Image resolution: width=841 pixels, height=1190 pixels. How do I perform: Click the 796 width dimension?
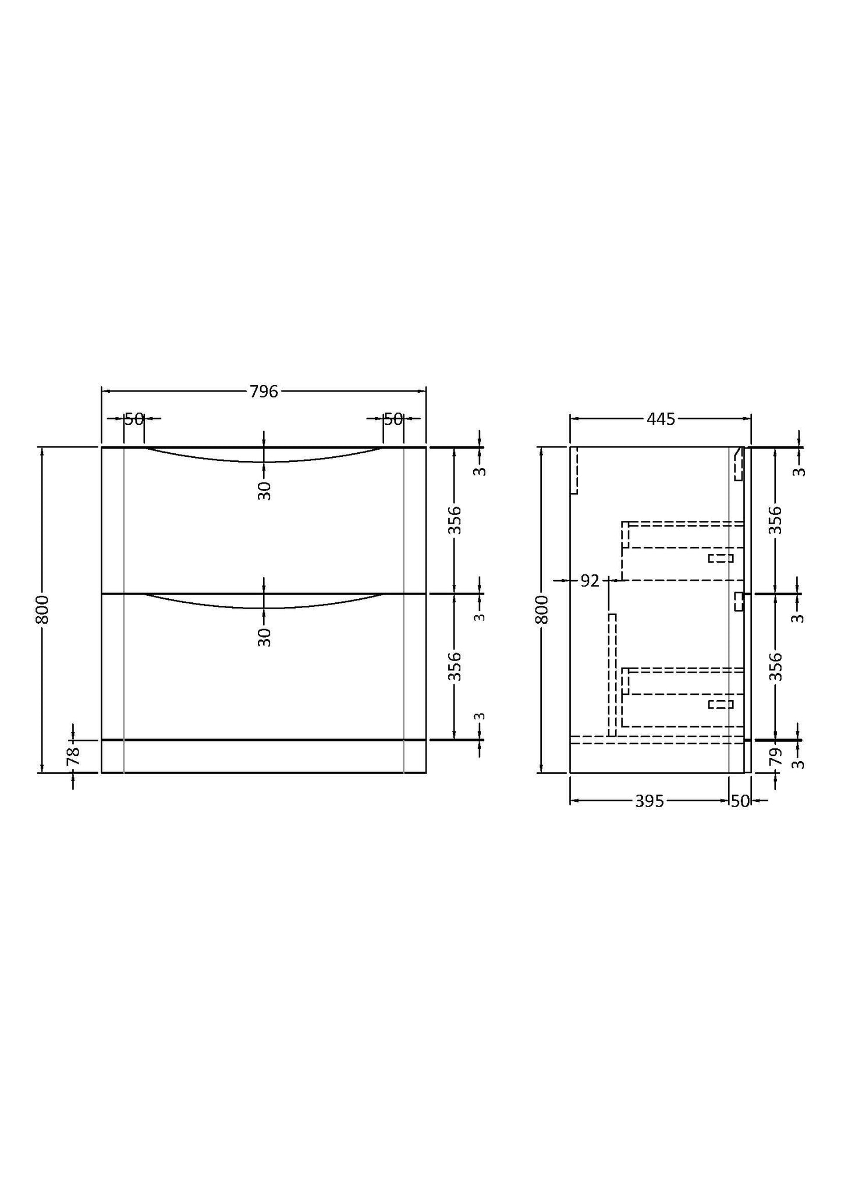pyautogui.click(x=264, y=392)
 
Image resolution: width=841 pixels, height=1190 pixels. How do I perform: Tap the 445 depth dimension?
pyautogui.click(x=661, y=419)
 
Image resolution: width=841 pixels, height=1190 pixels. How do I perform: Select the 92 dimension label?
pyautogui.click(x=590, y=581)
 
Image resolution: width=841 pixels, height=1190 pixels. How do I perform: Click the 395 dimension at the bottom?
pyautogui.click(x=649, y=801)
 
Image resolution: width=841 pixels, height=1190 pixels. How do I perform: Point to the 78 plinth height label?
pyautogui.click(x=73, y=756)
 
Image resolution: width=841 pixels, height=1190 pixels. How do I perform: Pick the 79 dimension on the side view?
pyautogui.click(x=775, y=757)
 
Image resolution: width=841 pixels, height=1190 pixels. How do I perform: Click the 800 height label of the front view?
pyautogui.click(x=42, y=610)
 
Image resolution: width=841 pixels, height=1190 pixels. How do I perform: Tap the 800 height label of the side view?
pyautogui.click(x=542, y=610)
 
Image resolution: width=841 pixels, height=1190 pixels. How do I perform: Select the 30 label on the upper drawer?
pyautogui.click(x=264, y=491)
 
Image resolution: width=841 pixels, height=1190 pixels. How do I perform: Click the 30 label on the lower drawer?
pyautogui.click(x=264, y=637)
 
